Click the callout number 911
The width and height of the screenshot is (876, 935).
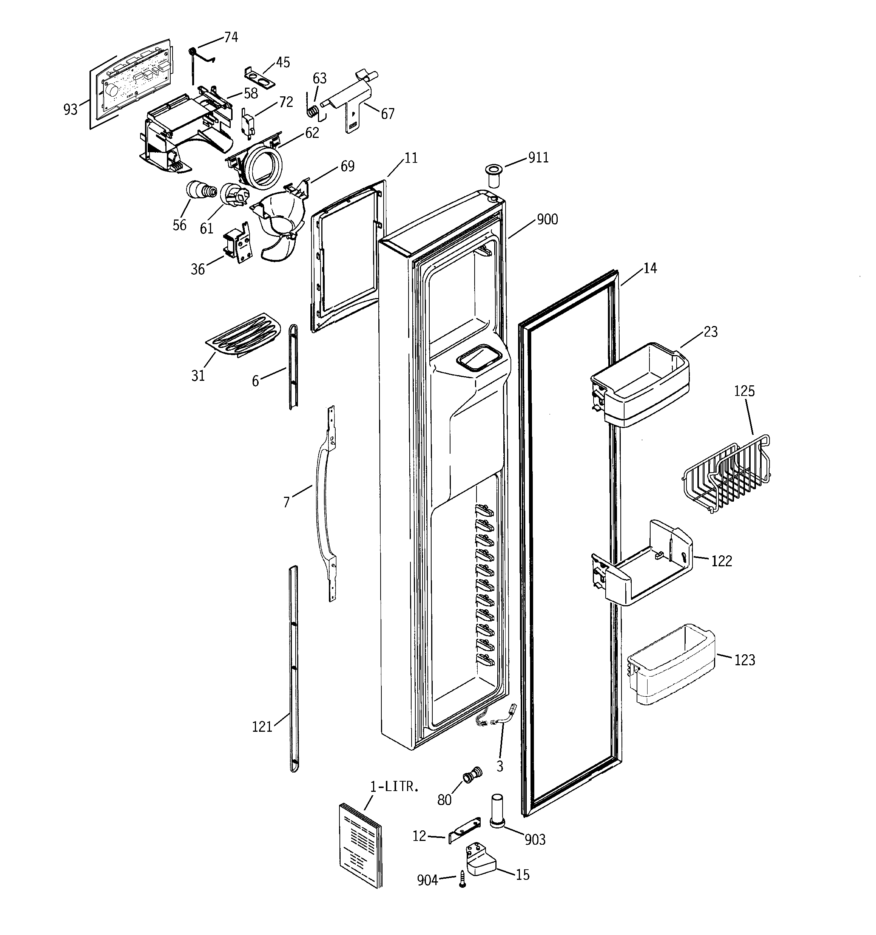[x=538, y=158]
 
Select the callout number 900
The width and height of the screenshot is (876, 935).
[x=547, y=219]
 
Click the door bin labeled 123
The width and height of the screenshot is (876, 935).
[x=671, y=665]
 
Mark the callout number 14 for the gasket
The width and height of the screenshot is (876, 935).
[x=650, y=269]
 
